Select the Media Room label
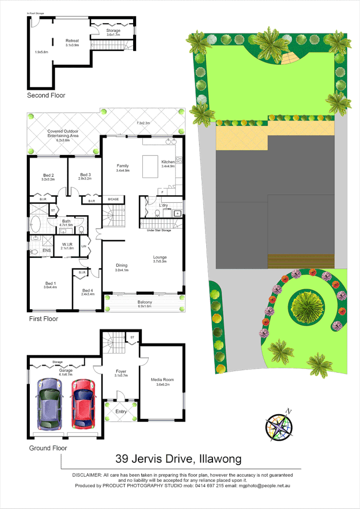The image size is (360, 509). coord(162,380)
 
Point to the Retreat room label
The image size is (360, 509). coord(72,41)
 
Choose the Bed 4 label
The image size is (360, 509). coord(87,291)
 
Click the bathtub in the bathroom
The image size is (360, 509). coord(36,224)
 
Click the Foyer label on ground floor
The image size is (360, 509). coord(121,371)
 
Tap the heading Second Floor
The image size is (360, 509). coord(46,96)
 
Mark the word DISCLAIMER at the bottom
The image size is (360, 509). coord(87,475)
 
